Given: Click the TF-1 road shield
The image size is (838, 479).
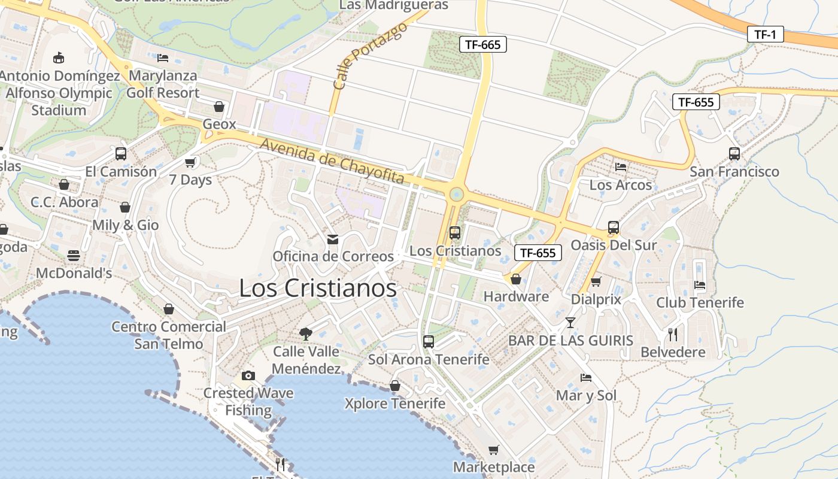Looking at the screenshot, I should click(765, 35).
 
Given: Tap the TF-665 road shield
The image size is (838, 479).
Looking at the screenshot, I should click(483, 44).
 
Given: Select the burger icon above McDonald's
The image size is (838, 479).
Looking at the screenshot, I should click(74, 256).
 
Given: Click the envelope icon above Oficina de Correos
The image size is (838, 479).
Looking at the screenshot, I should click(333, 239).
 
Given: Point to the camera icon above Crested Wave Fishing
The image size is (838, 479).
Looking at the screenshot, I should click(248, 376).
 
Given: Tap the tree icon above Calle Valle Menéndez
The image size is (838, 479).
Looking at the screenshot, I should click(306, 334).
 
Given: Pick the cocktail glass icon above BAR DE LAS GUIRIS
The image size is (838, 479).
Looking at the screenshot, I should click(570, 323).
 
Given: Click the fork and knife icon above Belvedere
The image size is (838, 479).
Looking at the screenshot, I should click(673, 334).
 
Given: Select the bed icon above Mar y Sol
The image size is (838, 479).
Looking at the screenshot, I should click(586, 378).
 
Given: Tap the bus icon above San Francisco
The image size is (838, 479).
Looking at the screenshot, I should click(734, 154).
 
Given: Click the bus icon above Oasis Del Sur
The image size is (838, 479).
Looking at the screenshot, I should click(614, 228).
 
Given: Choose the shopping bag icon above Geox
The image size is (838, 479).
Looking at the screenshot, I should click(219, 107).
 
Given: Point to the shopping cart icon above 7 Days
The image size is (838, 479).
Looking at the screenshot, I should click(190, 162).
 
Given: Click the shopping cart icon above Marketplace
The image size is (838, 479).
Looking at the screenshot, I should click(493, 450).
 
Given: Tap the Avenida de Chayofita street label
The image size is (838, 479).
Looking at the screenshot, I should click(332, 162).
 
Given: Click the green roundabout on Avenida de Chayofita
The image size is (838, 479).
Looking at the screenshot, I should click(456, 194).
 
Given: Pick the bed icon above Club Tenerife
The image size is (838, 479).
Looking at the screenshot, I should click(699, 285).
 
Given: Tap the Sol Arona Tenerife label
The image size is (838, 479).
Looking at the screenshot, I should click(429, 360).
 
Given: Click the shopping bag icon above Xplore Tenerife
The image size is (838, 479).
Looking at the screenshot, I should click(395, 386).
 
